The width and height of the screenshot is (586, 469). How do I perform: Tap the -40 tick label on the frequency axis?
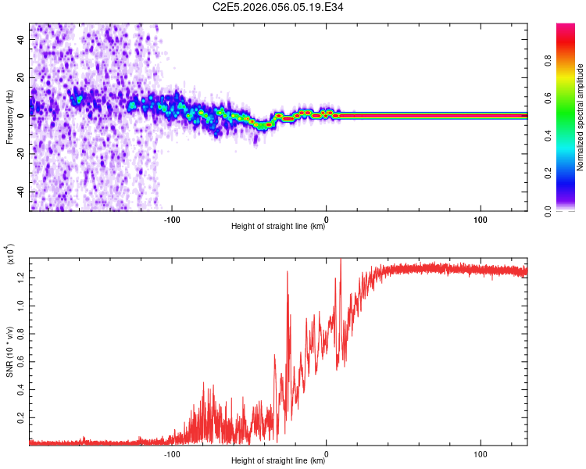(x=23, y=192)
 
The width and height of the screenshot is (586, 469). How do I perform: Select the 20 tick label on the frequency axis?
(x=23, y=77)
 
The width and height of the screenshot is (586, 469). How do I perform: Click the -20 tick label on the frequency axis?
(x=23, y=153)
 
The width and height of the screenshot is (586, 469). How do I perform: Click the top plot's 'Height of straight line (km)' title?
(x=278, y=227)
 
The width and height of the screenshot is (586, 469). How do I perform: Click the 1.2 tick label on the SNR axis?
(x=23, y=276)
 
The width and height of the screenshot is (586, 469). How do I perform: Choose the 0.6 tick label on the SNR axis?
(x=23, y=361)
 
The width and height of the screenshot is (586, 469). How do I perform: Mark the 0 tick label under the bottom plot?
(x=326, y=452)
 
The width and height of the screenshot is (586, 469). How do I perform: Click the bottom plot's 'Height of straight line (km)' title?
(x=278, y=461)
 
